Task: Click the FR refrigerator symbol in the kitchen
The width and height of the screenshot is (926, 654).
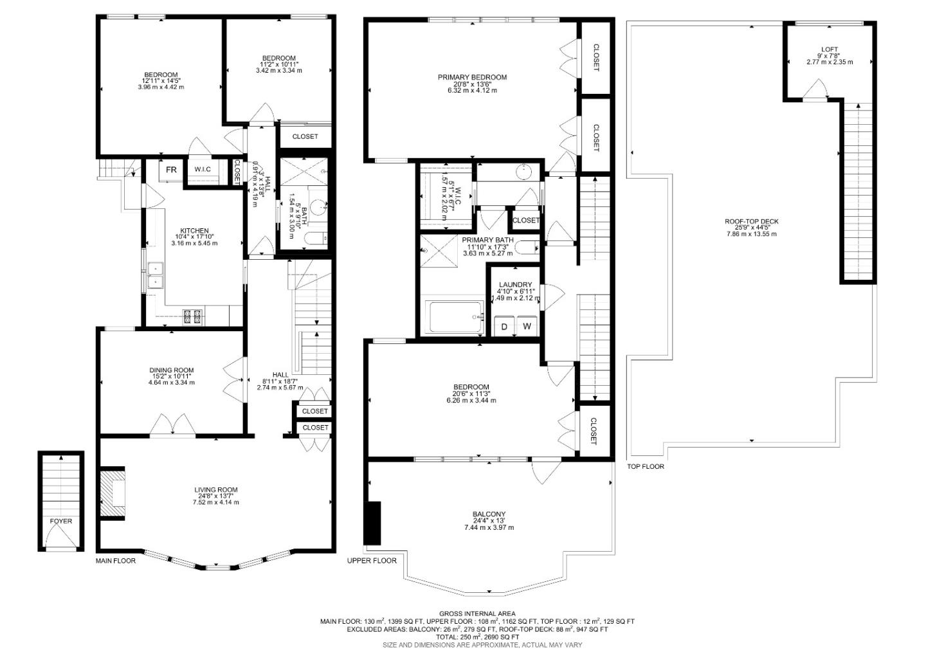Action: (171, 170)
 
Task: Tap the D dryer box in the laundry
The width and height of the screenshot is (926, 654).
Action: (504, 326)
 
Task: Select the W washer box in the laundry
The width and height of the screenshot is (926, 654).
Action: (527, 326)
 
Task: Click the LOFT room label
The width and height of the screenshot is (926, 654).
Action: (829, 50)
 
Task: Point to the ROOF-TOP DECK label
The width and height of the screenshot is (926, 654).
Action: (751, 221)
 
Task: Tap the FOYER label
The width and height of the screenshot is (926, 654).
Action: (61, 521)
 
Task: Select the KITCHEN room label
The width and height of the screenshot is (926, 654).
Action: (194, 231)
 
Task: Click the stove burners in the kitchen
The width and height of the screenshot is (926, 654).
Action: (192, 316)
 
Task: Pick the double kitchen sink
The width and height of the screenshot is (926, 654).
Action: (155, 275)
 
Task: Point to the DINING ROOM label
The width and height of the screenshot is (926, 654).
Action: (171, 370)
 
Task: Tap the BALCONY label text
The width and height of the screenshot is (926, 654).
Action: (489, 514)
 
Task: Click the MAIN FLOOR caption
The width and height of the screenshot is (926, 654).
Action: (116, 561)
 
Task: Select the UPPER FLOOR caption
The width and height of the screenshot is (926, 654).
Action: (372, 561)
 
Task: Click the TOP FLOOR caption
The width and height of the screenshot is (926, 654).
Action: (646, 466)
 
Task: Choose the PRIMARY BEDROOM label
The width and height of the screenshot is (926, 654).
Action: (472, 77)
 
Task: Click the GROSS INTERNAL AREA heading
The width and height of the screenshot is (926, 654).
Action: (477, 613)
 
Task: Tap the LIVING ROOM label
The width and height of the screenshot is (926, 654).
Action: (215, 490)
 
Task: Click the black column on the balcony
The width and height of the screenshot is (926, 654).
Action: (372, 522)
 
